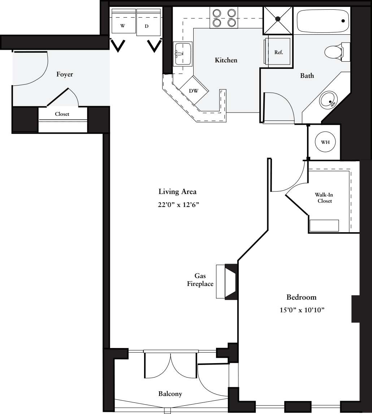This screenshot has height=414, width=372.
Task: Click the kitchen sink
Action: pyautogui.click(x=183, y=54)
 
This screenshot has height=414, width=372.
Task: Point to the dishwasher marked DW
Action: pyautogui.click(x=194, y=91)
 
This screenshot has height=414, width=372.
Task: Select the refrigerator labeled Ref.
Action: pyautogui.click(x=278, y=52)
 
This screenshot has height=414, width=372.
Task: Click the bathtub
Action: pyautogui.click(x=323, y=21)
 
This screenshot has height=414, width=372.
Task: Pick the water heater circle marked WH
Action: pyautogui.click(x=325, y=142)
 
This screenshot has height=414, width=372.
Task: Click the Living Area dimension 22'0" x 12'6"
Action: pyautogui.click(x=177, y=204)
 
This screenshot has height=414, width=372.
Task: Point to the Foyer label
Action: pyautogui.click(x=65, y=75)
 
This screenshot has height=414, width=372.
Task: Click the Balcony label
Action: pyautogui.click(x=170, y=394)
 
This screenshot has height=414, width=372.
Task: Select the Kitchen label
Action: pyautogui.click(x=226, y=60)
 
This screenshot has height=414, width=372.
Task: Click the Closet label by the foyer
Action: pyautogui.click(x=62, y=114)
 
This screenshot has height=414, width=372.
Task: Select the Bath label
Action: pyautogui.click(x=307, y=76)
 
